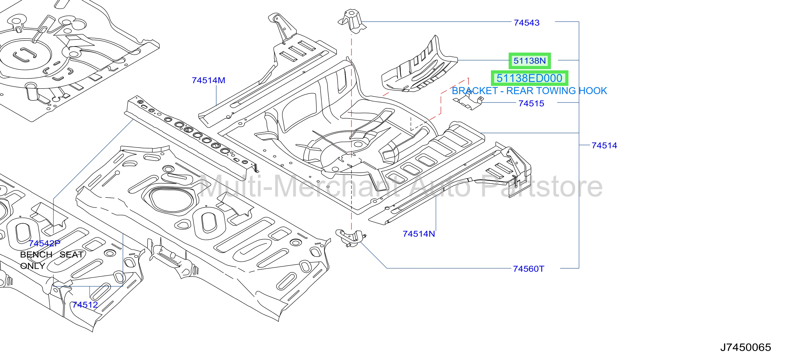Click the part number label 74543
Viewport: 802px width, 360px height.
click(x=526, y=23)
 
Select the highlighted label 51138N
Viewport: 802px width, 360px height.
click(x=530, y=61)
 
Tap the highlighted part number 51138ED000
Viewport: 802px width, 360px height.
click(x=529, y=78)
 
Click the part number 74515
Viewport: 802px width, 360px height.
click(x=531, y=103)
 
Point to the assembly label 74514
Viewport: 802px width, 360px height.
click(x=604, y=145)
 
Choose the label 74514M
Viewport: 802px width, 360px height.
click(x=208, y=80)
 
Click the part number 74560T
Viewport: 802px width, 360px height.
click(x=528, y=269)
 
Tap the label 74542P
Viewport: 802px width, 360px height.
click(x=44, y=243)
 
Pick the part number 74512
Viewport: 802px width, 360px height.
click(x=85, y=305)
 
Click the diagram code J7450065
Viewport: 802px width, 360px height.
click(x=746, y=347)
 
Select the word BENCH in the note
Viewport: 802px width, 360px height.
click(x=36, y=254)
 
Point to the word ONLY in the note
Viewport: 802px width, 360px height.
click(x=33, y=266)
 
